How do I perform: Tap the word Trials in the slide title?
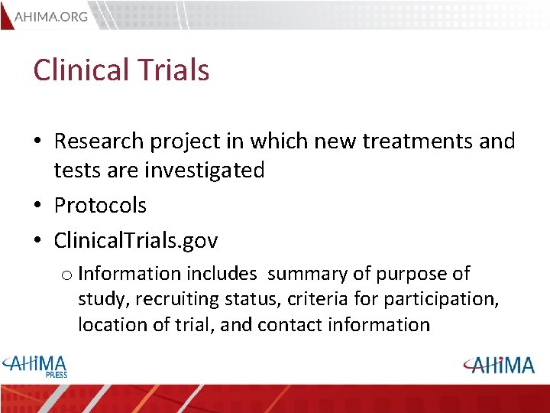pos(174,70)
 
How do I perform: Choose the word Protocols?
pos(100,206)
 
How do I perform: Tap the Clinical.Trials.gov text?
pos(136,241)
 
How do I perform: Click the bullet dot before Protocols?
pos(37,206)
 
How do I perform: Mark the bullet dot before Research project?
pos(37,141)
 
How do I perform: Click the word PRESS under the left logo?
pos(56,375)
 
